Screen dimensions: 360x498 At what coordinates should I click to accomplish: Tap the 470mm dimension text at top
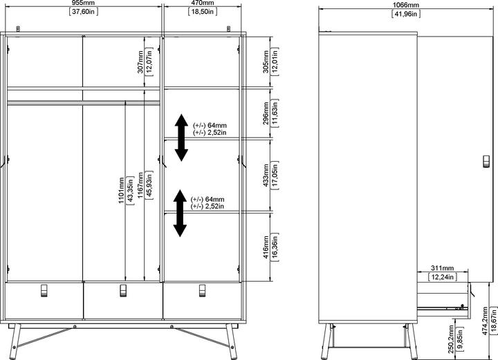click(202, 3)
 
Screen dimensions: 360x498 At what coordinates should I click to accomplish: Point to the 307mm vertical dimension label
click(140, 61)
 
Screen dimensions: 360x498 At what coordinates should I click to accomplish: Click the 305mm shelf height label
click(266, 61)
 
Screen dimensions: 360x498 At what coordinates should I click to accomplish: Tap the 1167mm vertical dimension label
click(140, 187)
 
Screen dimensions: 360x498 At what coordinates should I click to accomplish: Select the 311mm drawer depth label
click(442, 268)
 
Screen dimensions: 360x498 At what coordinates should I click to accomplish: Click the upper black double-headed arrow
click(181, 137)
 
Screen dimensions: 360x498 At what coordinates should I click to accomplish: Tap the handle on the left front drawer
click(44, 288)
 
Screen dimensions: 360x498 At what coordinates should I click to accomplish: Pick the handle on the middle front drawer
click(123, 288)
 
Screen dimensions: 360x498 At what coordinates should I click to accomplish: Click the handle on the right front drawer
click(203, 288)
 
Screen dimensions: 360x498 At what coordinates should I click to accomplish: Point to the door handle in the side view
click(485, 162)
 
